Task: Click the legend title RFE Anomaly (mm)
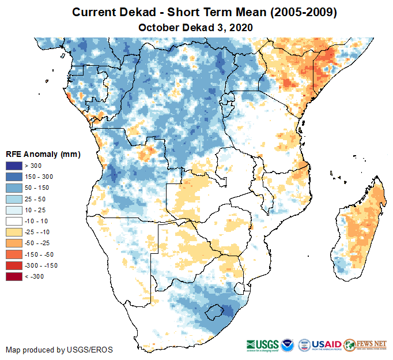(x=43, y=155)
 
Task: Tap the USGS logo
(x=262, y=344)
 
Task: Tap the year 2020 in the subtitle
(x=240, y=27)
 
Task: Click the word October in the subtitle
(x=157, y=27)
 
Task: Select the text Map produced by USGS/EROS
(x=59, y=350)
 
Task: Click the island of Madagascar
(x=360, y=225)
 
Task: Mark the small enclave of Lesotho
(x=216, y=312)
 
